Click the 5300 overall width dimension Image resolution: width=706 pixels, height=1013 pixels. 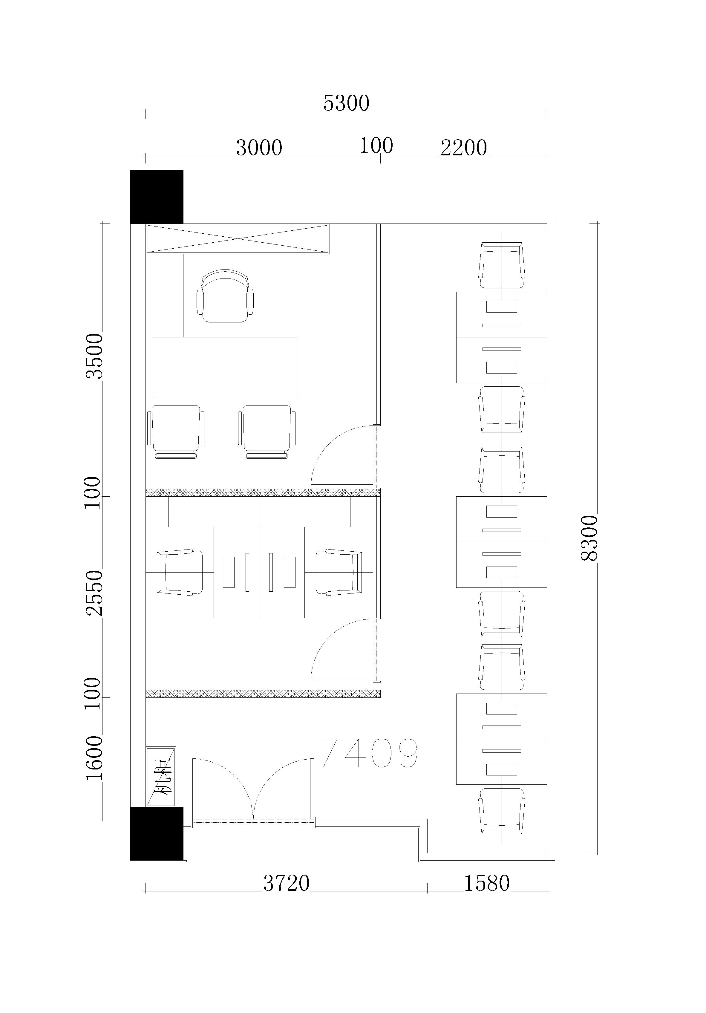click(346, 103)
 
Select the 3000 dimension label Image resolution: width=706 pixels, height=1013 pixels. click(259, 148)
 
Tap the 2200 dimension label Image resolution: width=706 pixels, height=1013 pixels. click(464, 148)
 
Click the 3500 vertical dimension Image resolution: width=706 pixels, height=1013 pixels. click(94, 356)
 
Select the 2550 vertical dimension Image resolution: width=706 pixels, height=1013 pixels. click(94, 593)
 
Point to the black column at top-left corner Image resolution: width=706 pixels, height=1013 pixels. click(157, 197)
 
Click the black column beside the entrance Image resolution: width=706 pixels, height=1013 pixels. click(157, 834)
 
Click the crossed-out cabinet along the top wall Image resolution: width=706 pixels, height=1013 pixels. click(238, 239)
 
